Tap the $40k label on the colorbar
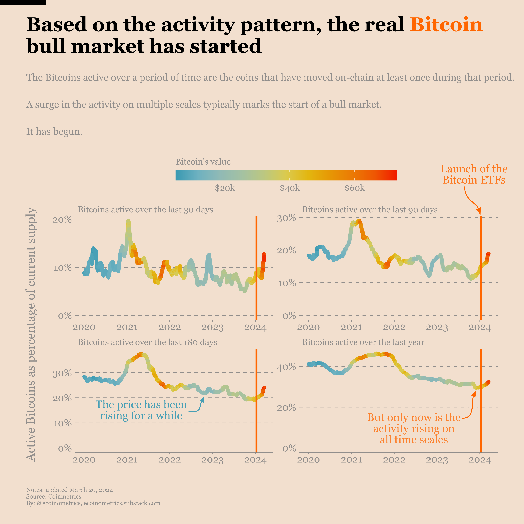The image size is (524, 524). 290,188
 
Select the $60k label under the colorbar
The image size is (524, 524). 355,188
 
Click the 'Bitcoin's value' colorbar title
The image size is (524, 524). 203,162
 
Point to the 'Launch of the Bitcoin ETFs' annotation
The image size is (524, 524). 474,174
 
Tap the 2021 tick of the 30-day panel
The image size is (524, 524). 127,327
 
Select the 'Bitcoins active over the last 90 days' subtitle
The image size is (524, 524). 370,210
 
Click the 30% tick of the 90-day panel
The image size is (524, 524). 286,218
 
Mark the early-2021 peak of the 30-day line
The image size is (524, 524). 128,221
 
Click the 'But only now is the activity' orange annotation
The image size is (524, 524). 414,428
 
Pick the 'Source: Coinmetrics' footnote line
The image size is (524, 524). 54,497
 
